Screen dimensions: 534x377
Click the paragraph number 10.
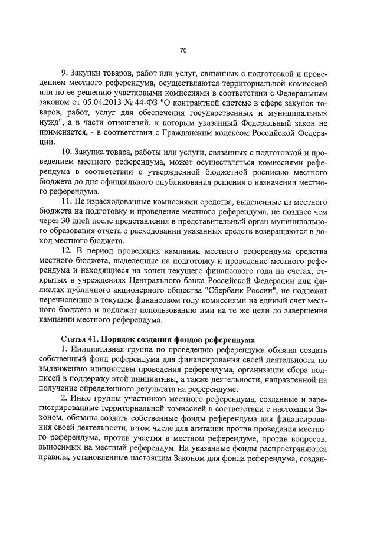[66, 153]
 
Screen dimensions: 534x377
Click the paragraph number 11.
[66, 204]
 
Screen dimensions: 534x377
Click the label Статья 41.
[80, 341]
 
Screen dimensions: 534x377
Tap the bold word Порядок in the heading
[119, 341]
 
